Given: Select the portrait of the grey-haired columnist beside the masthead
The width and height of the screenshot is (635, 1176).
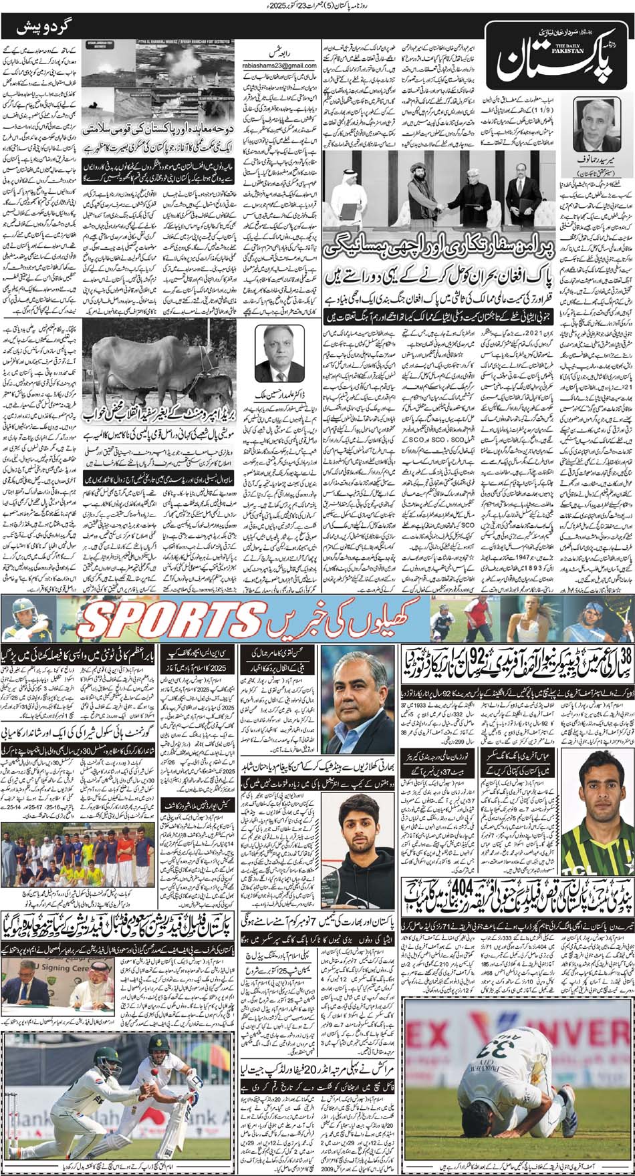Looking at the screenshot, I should tap(599, 128).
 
